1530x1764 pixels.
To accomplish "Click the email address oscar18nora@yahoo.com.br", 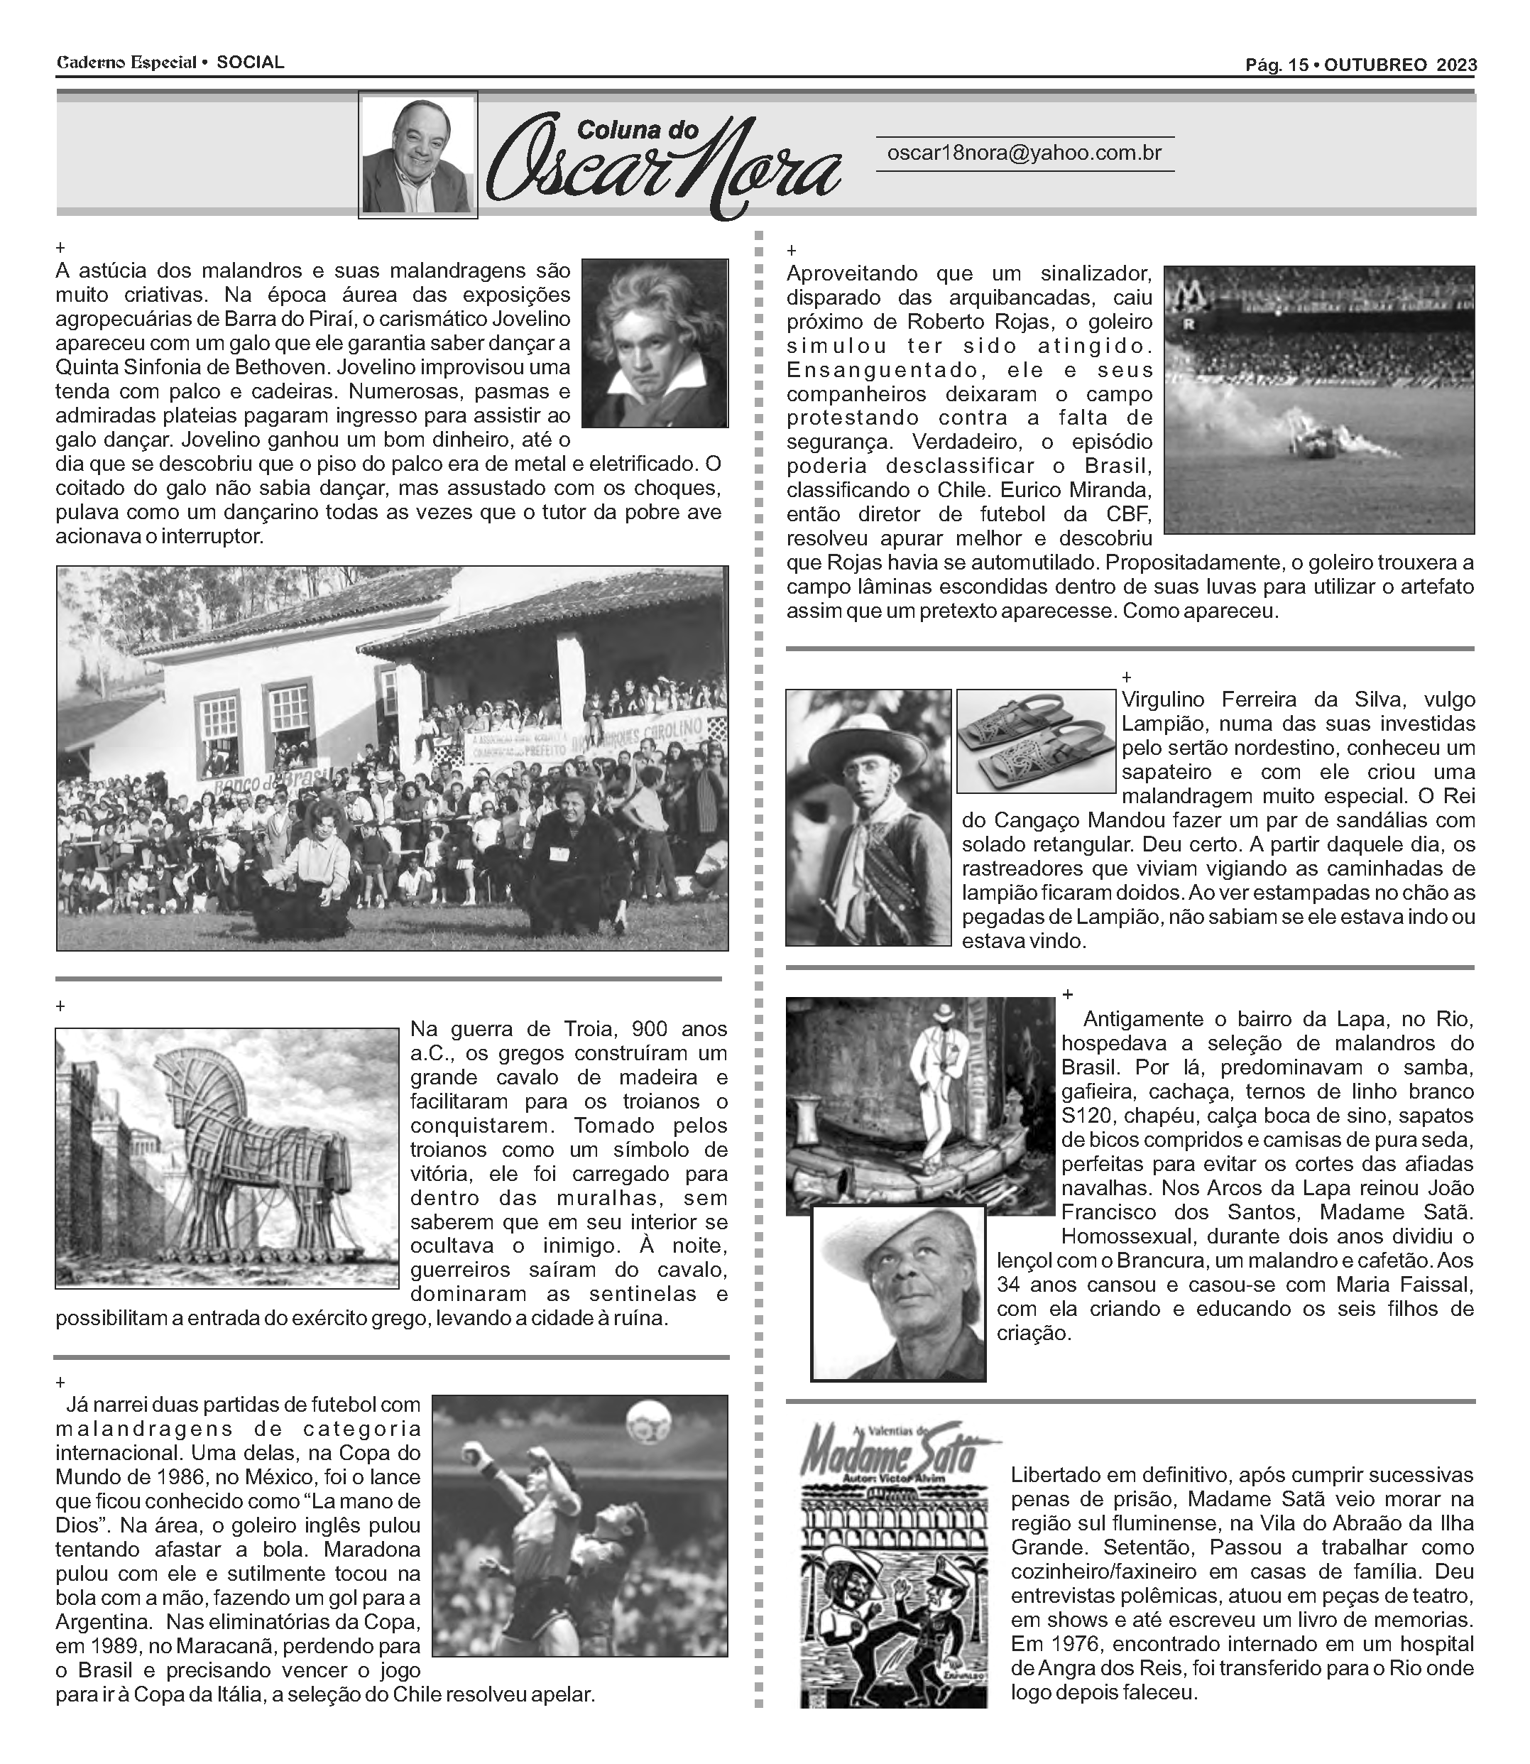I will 1024,153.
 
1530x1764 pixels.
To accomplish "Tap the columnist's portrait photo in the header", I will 417,156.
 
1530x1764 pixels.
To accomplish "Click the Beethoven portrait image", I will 655,343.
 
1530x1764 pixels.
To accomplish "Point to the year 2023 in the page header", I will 1457,65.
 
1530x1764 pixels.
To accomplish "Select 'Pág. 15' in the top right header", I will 1277,65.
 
